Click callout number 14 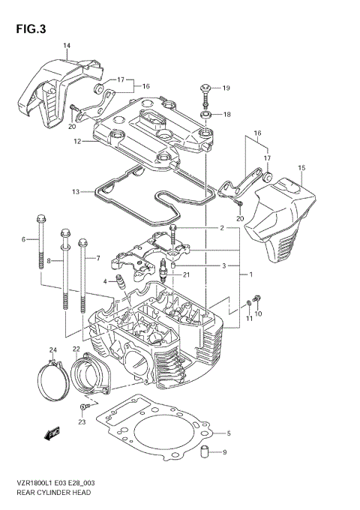click(x=66, y=46)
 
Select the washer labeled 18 click(x=205, y=115)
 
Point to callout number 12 click(x=77, y=141)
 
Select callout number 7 click(x=97, y=259)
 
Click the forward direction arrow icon click(x=53, y=433)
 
